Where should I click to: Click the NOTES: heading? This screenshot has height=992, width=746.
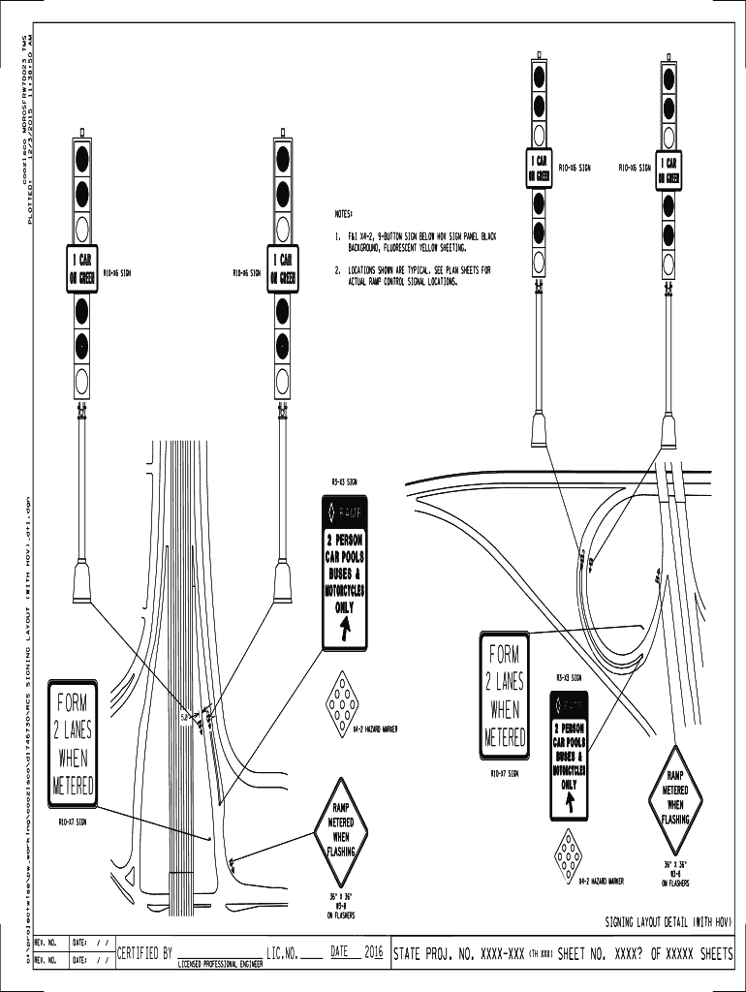pos(344,212)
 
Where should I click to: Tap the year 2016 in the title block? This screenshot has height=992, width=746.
pos(374,953)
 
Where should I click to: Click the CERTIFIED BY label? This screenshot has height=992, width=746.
pos(144,953)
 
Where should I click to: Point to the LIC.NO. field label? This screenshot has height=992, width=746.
pos(282,953)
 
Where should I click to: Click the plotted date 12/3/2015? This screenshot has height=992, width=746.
pos(30,136)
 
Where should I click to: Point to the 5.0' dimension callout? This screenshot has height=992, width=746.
pos(186,718)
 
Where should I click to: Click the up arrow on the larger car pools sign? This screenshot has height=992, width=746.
pos(345,632)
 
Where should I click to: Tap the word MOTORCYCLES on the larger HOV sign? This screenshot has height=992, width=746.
pos(345,590)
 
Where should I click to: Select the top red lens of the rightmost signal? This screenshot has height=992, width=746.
pos(668,79)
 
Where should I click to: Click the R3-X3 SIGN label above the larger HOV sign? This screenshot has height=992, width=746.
pos(345,481)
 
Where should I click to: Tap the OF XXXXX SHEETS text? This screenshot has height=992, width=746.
pos(691,954)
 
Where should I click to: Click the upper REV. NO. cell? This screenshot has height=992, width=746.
pos(47,942)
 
